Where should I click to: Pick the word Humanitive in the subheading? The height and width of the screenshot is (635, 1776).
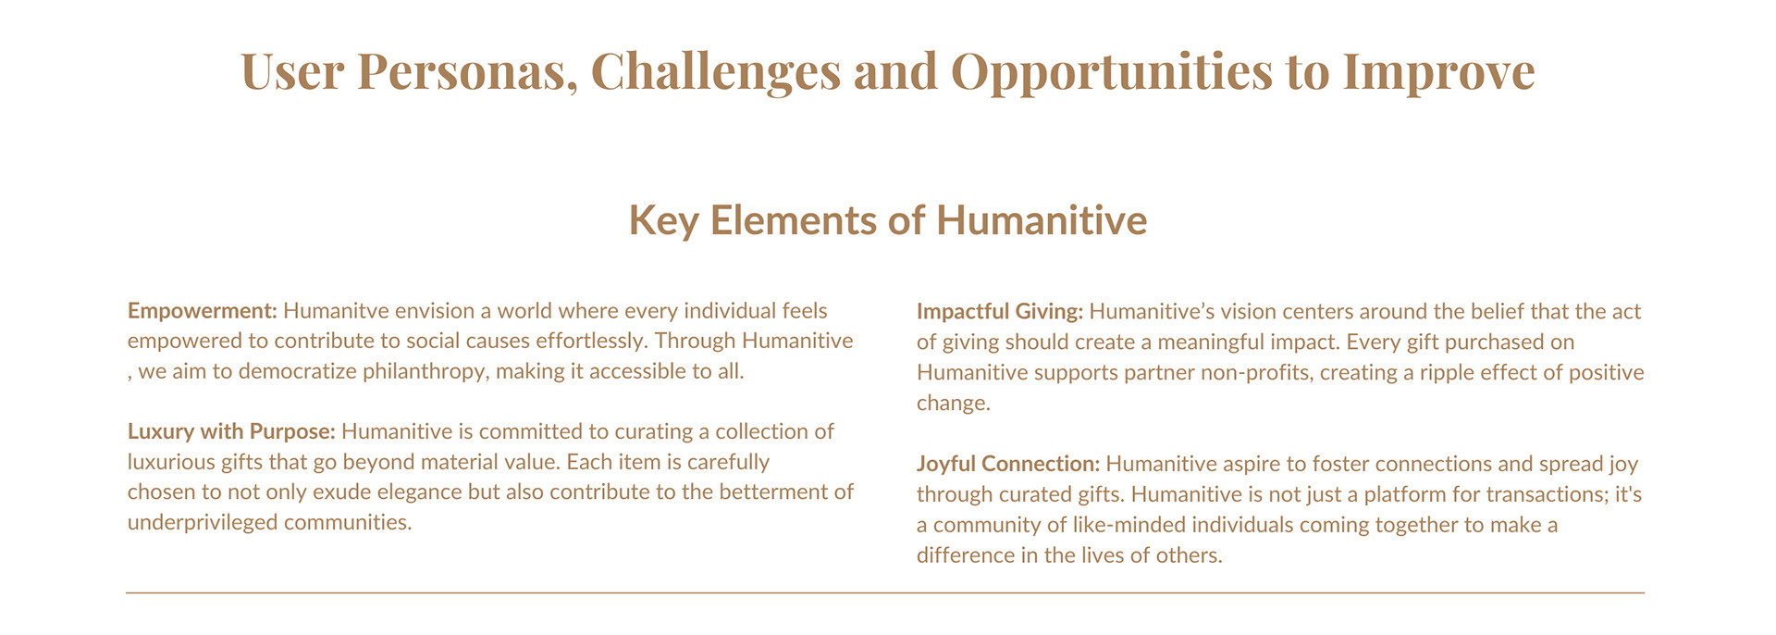tap(1042, 220)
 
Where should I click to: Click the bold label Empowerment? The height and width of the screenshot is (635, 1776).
tap(203, 311)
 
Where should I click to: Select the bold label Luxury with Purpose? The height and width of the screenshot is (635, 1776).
tap(231, 431)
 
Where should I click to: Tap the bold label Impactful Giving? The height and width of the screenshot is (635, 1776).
tap(1000, 312)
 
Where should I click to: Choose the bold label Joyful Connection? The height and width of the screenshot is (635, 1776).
tap(1008, 464)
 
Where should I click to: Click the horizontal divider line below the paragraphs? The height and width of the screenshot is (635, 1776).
tap(885, 592)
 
